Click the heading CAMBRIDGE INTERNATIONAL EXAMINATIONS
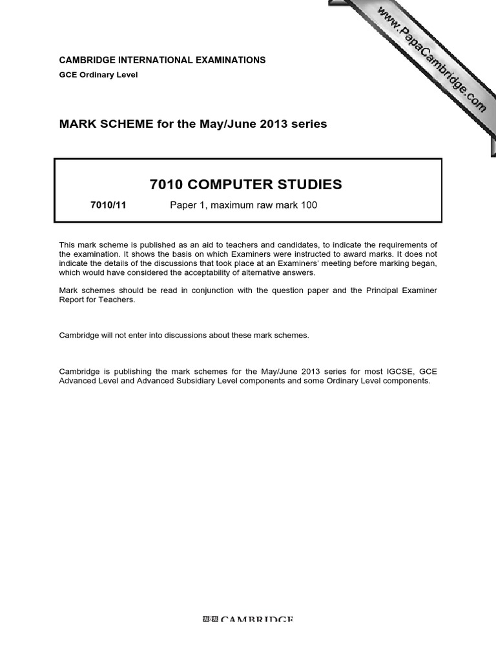[x=162, y=60]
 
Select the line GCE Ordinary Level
[x=98, y=75]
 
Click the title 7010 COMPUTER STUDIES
[x=245, y=185]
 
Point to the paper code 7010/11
[x=108, y=206]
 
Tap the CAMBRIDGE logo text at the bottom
[x=256, y=620]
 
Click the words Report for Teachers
[x=97, y=300]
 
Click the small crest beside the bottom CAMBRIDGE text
[x=211, y=620]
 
